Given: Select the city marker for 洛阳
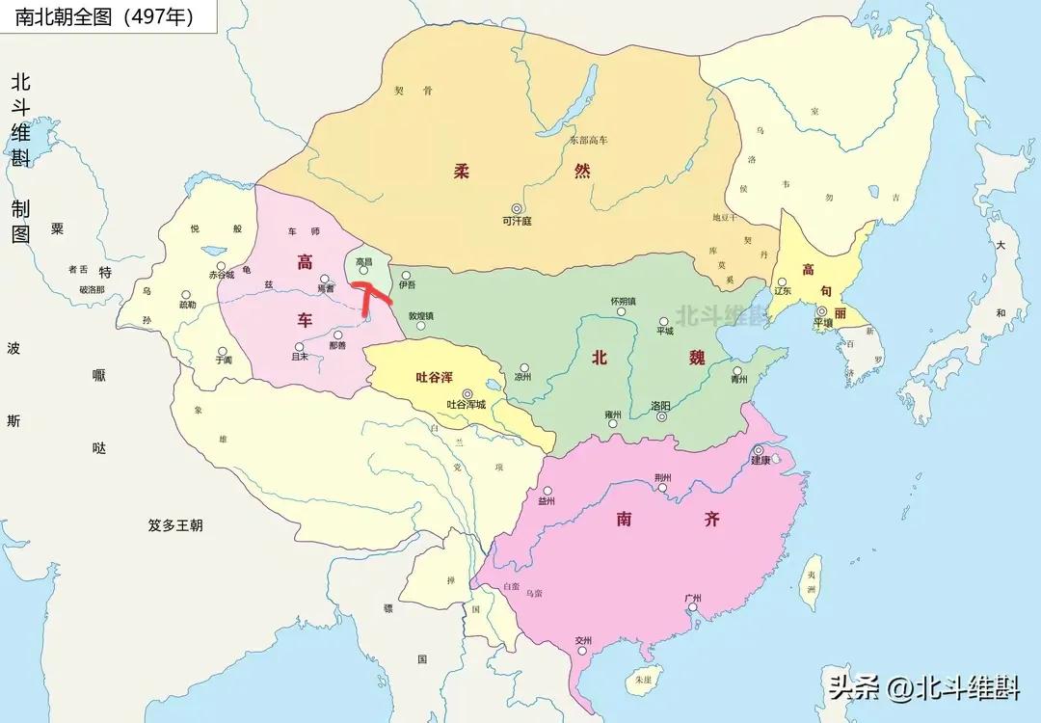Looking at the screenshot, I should pyautogui.click(x=661, y=417).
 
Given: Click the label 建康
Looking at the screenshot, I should pyautogui.click(x=761, y=462).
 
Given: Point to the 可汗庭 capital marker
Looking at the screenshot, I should pyautogui.click(x=517, y=208).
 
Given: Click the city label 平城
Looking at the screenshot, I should pyautogui.click(x=664, y=332).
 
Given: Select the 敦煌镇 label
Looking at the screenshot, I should pyautogui.click(x=420, y=315).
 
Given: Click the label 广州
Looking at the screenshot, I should pyautogui.click(x=691, y=598).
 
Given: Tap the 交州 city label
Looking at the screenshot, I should pyautogui.click(x=582, y=641).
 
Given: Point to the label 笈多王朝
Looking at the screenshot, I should pyautogui.click(x=175, y=525).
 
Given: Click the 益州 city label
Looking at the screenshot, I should pyautogui.click(x=547, y=501).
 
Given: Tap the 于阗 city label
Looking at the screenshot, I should pyautogui.click(x=224, y=361).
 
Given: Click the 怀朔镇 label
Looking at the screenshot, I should pyautogui.click(x=623, y=301).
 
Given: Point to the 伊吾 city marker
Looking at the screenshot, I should pyautogui.click(x=406, y=275).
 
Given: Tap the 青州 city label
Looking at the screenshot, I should pyautogui.click(x=739, y=380).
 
